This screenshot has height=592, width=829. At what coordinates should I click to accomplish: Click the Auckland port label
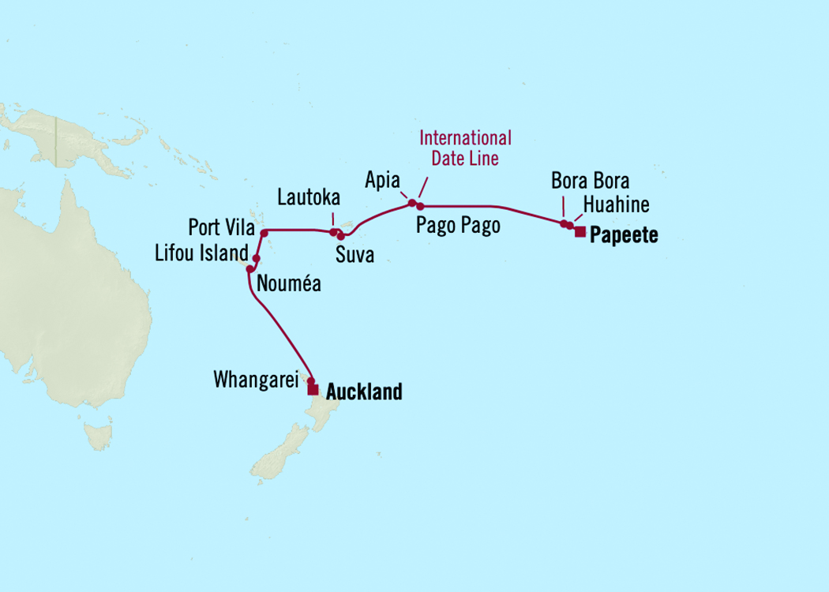pos(364,392)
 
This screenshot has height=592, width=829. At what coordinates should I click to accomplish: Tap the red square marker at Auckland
pos(313,390)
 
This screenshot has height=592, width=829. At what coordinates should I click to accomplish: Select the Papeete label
pos(624,235)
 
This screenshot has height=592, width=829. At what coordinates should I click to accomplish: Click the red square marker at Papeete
pos(580,231)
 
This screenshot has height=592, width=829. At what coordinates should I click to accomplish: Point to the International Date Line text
pos(465,148)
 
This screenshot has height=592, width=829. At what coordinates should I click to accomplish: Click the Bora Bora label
pos(590,181)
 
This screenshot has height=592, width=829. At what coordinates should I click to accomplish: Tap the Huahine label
pos(616,205)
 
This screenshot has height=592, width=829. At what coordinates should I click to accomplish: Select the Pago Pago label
pos(458,227)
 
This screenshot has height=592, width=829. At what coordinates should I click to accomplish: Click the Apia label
pos(382,178)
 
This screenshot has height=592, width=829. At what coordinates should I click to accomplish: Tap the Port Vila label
pos(220,229)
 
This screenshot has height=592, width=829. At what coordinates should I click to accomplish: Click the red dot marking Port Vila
pos(264,233)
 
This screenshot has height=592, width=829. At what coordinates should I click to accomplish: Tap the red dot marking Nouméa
pos(250,269)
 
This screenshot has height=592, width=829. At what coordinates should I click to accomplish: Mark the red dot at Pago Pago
pos(421,206)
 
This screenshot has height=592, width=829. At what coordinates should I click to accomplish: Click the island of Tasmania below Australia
pos(99,434)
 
